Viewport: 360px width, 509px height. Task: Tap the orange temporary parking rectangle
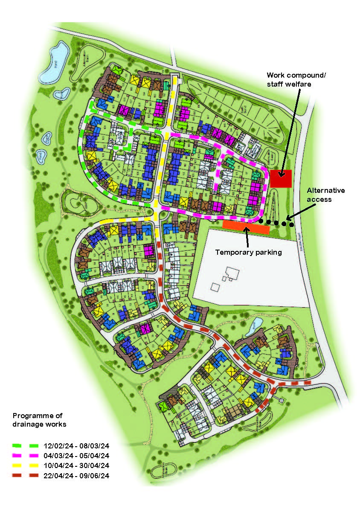pos(246,227)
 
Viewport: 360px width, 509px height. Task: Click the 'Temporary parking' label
pos(248,252)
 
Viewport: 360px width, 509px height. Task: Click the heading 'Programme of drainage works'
pos(39,420)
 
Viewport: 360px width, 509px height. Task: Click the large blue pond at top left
pos(55,62)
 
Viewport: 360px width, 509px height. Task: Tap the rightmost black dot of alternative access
pos(291,224)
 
